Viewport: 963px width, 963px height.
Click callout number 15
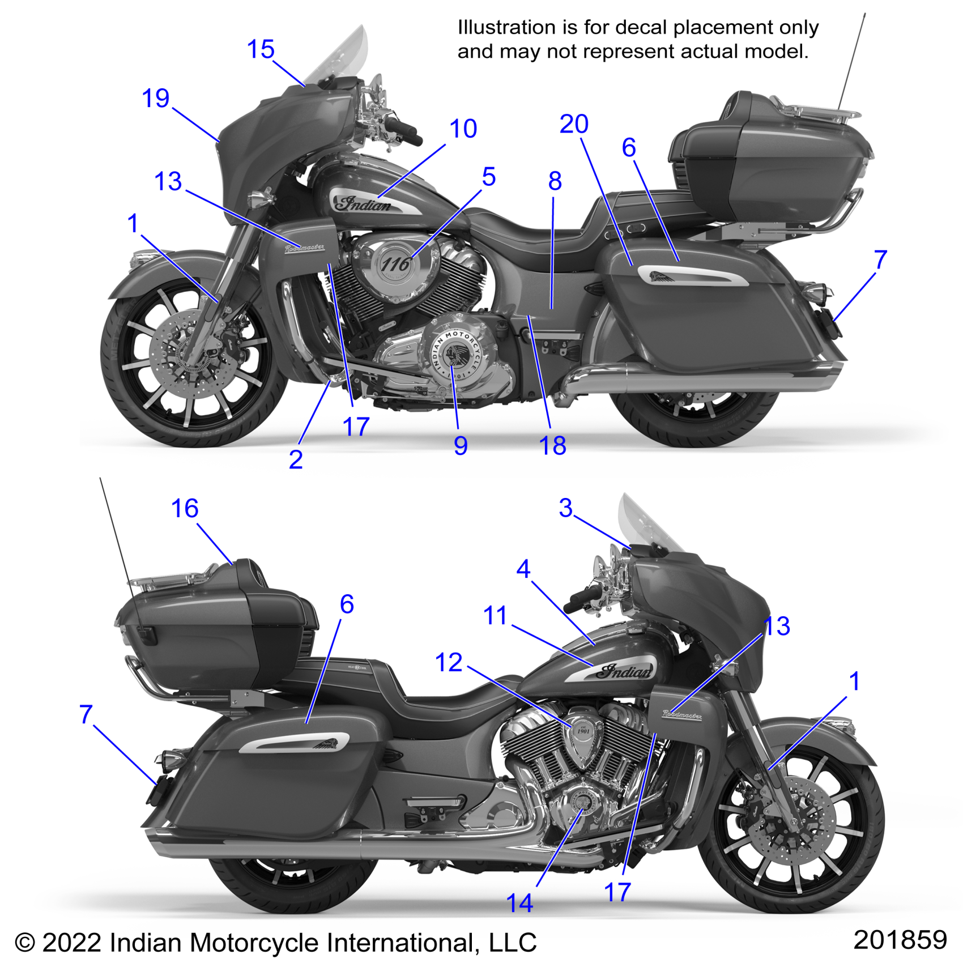(x=261, y=49)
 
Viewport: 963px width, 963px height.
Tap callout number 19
(x=156, y=99)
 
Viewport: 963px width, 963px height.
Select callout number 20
(x=574, y=124)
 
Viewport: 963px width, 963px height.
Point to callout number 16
(x=185, y=508)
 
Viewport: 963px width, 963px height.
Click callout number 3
(x=565, y=508)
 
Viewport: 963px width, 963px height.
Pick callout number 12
(x=449, y=662)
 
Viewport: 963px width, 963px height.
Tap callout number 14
(x=519, y=903)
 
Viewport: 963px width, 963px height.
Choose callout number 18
(x=552, y=446)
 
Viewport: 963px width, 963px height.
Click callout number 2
(x=296, y=459)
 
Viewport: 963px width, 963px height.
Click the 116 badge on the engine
(x=395, y=264)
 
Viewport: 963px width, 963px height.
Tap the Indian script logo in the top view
(x=364, y=204)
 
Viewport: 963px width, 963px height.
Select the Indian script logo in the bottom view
(x=625, y=672)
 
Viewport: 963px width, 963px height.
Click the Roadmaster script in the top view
(x=305, y=248)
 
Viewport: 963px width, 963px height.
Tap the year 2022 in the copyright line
(x=70, y=943)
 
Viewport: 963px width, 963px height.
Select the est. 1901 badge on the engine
(x=583, y=730)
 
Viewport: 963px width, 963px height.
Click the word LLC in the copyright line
(x=512, y=943)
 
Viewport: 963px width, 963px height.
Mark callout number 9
(x=461, y=446)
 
